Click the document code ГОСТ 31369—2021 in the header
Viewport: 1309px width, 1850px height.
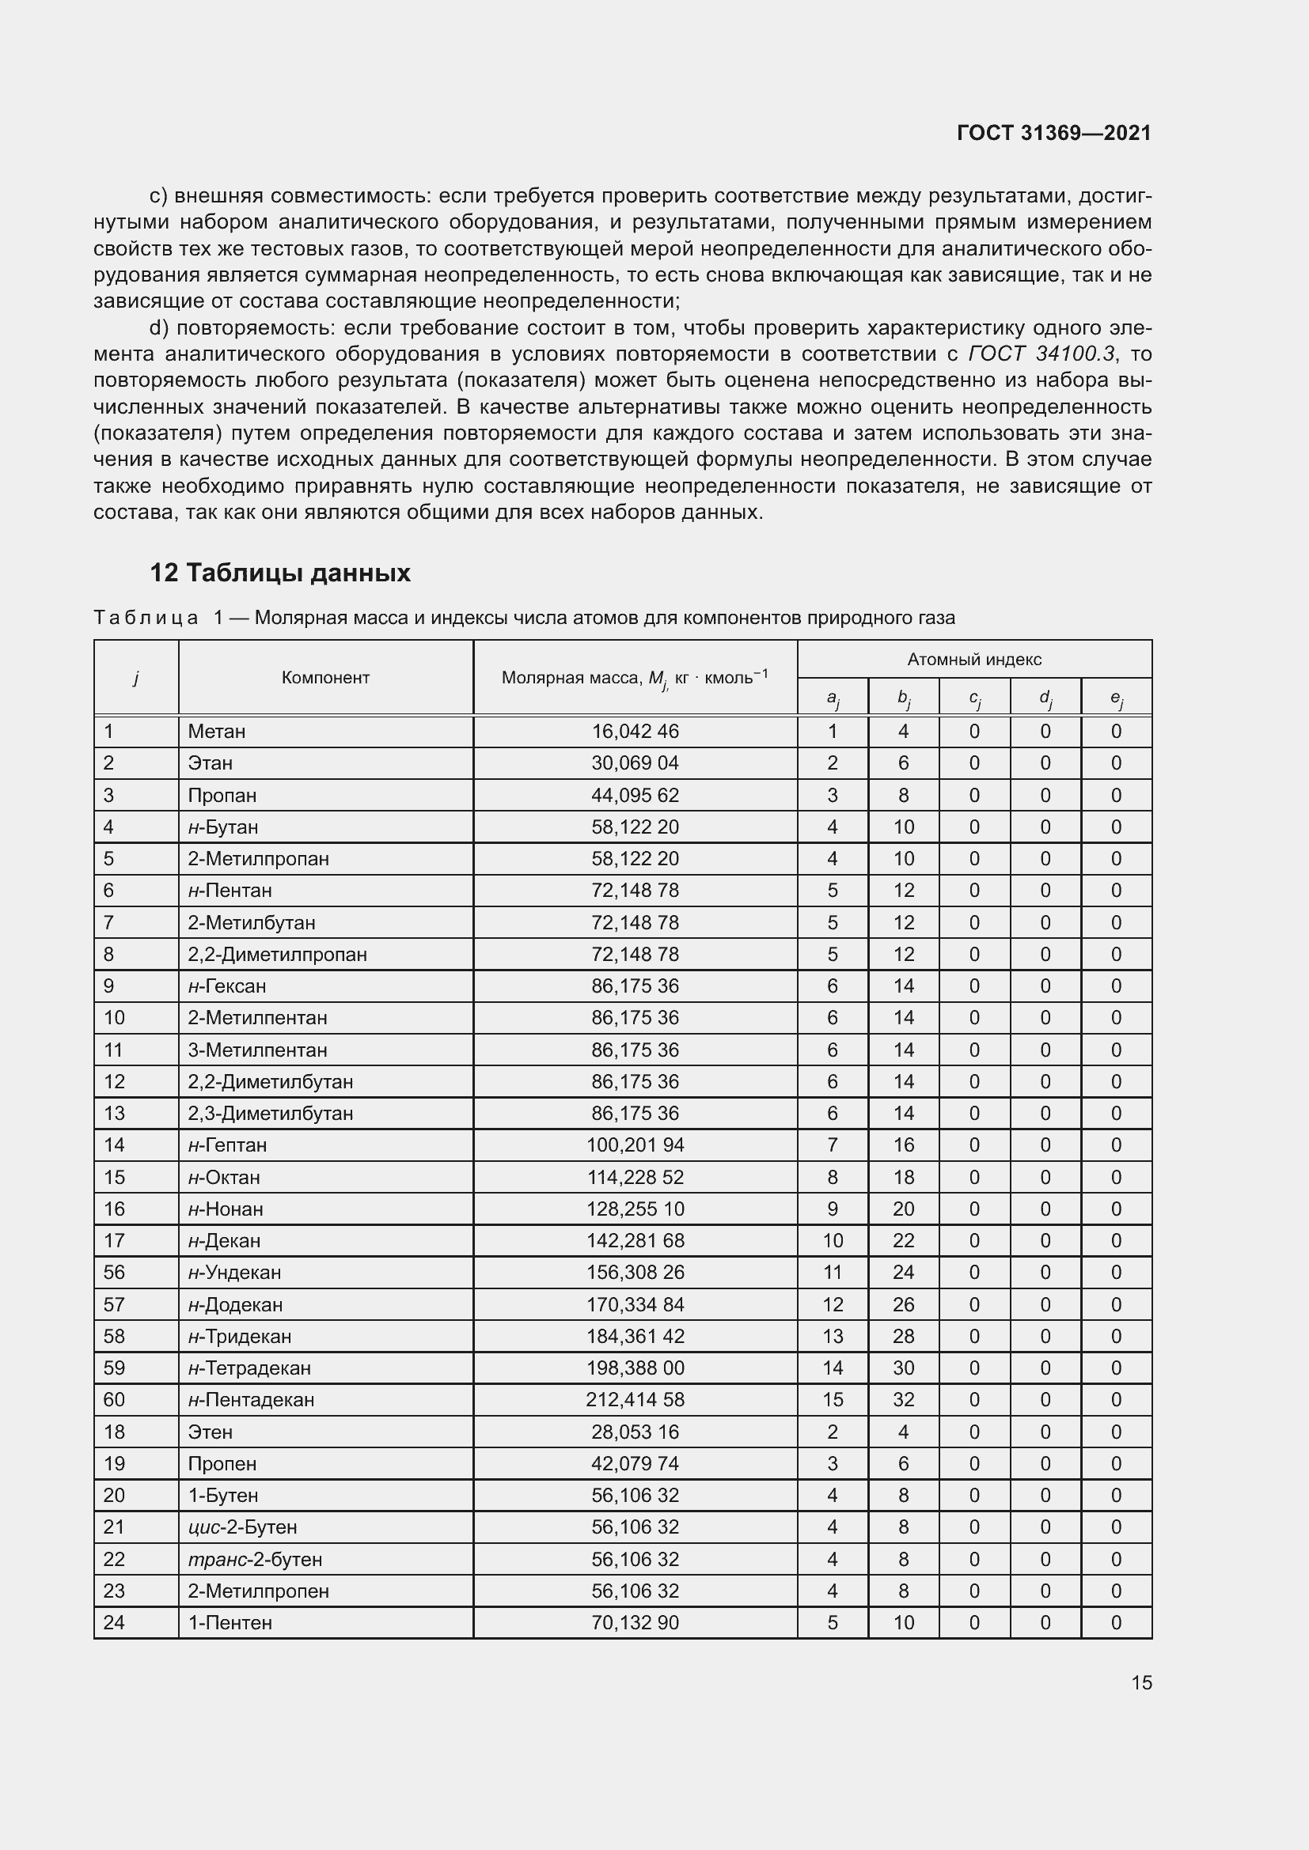pos(1053,133)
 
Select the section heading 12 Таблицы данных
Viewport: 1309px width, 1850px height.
pos(279,573)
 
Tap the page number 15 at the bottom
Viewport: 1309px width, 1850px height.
pos(1141,1682)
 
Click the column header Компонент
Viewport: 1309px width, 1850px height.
pos(325,678)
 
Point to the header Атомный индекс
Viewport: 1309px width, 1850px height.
pos(973,660)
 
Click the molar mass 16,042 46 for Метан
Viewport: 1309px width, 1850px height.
pos(636,732)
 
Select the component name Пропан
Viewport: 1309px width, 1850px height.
pos(222,795)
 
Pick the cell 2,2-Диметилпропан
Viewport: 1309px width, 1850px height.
pos(277,955)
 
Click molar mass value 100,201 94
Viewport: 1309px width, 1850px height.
pos(636,1145)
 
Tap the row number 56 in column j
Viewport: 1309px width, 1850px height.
pos(115,1273)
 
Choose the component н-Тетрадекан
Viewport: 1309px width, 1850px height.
pos(249,1368)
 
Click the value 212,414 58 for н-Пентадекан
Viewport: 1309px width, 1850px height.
pos(636,1400)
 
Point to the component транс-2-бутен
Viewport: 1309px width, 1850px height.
pos(255,1559)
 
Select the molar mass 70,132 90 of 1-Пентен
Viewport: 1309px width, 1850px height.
pos(636,1623)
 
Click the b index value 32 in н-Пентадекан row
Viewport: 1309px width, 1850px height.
pos(903,1400)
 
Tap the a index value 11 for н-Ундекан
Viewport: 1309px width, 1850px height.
pos(832,1273)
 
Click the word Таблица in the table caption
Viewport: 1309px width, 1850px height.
pos(146,618)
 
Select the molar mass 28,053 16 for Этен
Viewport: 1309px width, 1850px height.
pos(636,1432)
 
